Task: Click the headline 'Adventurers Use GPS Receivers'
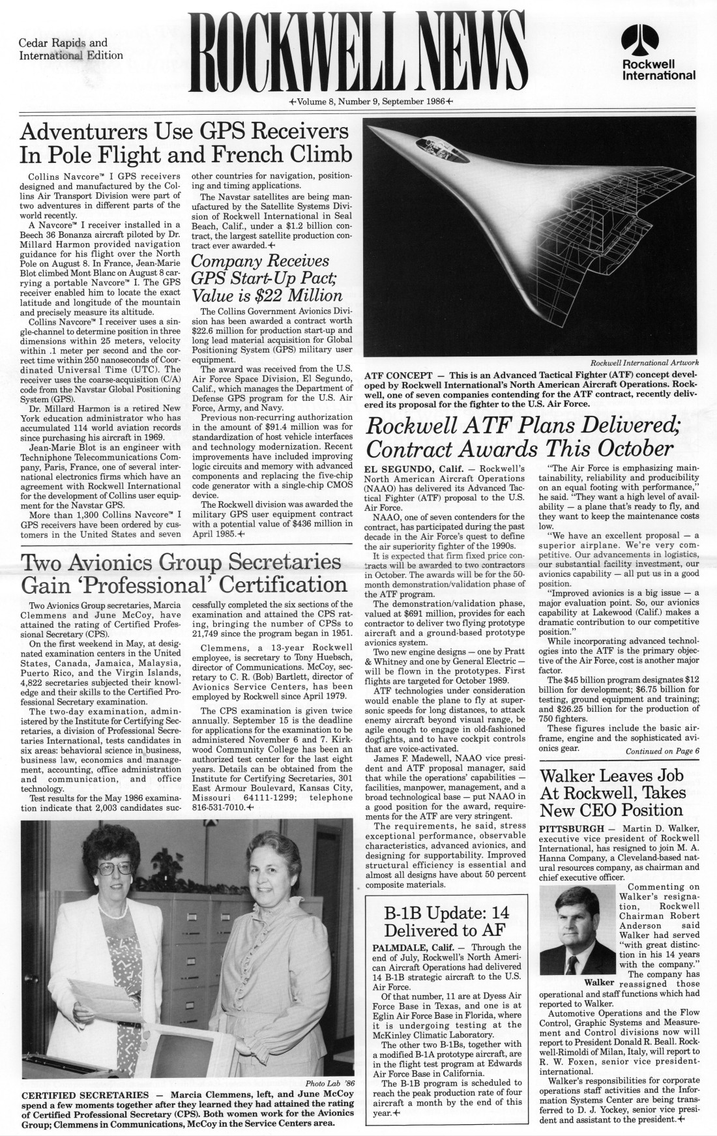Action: [x=184, y=132]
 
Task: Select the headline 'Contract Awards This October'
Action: [x=519, y=448]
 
